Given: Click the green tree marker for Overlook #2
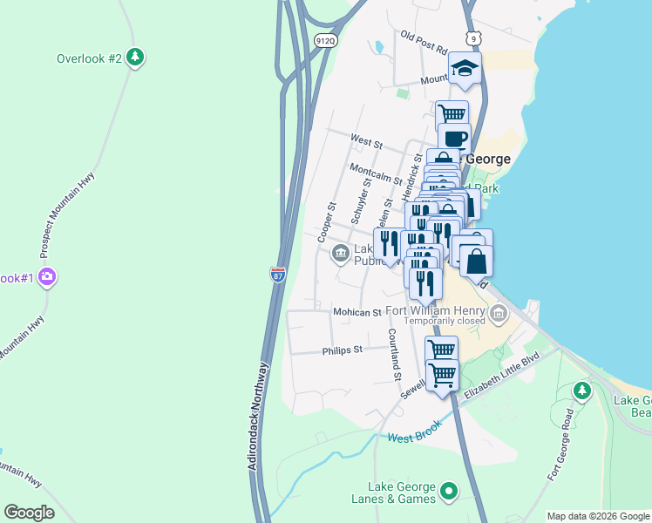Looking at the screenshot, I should coord(134,58).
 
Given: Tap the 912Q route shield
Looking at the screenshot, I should coord(325,40).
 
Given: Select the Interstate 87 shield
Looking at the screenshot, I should coord(277,275).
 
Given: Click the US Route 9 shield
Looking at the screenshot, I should coord(472,38).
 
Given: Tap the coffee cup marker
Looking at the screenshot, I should coord(453,139).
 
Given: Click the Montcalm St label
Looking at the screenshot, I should coord(375,174).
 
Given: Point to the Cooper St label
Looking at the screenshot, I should coord(326,222).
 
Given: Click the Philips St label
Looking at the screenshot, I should coord(342,350).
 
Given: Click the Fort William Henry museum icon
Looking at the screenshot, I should coord(498,312).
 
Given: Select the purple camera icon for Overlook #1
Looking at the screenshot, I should coord(47,277).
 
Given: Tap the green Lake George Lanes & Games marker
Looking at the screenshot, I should coord(449,492).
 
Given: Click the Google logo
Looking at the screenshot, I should coord(29,513).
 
